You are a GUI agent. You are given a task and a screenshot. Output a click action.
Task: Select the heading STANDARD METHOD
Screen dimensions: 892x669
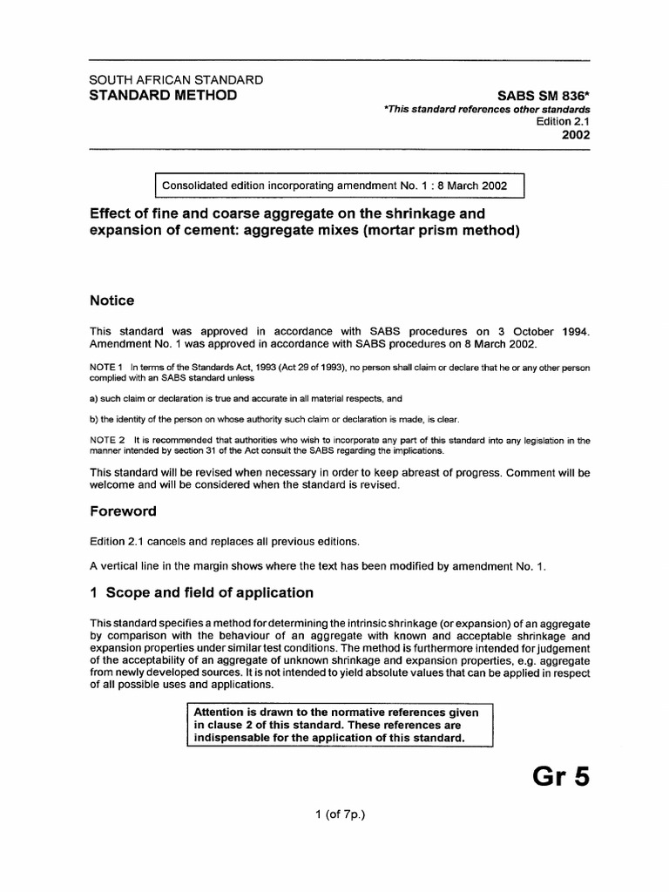(163, 94)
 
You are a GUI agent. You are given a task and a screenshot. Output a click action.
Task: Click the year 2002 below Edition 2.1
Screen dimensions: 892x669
(576, 135)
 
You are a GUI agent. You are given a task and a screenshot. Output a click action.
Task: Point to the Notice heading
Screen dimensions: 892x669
(112, 301)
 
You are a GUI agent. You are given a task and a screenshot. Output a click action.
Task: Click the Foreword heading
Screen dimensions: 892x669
(124, 511)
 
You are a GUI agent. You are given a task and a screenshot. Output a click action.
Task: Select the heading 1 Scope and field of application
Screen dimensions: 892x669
(202, 593)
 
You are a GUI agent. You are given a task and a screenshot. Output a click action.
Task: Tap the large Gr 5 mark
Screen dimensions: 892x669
(560, 774)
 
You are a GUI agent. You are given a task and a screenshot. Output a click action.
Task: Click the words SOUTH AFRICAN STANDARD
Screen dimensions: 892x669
(177, 79)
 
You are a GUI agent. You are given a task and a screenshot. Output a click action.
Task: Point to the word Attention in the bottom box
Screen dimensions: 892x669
(221, 712)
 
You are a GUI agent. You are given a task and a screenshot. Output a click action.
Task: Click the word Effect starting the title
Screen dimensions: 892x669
(111, 213)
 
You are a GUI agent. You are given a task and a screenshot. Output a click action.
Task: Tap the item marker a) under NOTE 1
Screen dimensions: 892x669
(95, 397)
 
